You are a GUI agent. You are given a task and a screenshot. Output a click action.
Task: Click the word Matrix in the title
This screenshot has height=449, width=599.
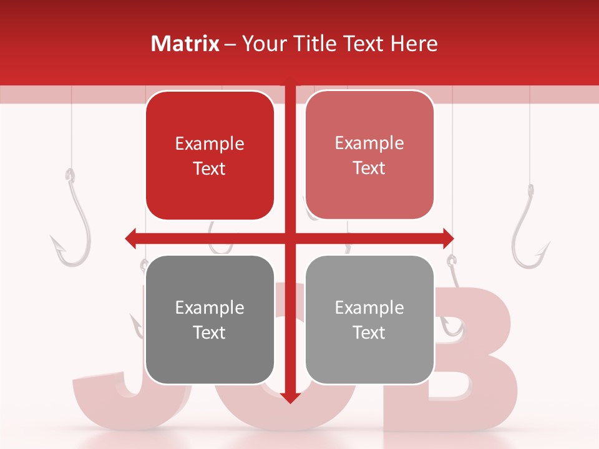click(x=185, y=44)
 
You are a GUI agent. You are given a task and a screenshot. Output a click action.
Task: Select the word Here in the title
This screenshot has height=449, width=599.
click(x=414, y=44)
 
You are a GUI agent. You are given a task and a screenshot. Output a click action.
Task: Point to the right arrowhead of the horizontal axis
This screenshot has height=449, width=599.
click(x=447, y=238)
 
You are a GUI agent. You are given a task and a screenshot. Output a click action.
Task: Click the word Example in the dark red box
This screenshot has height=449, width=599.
click(x=210, y=144)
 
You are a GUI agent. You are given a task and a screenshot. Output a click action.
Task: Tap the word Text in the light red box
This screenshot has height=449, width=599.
click(x=369, y=168)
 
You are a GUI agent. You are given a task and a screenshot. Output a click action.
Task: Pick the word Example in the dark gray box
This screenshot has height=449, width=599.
click(x=210, y=308)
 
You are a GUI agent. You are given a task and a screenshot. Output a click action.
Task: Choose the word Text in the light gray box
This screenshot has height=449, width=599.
click(x=369, y=332)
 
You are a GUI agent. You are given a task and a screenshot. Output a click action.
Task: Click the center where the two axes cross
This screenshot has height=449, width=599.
click(x=290, y=238)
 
